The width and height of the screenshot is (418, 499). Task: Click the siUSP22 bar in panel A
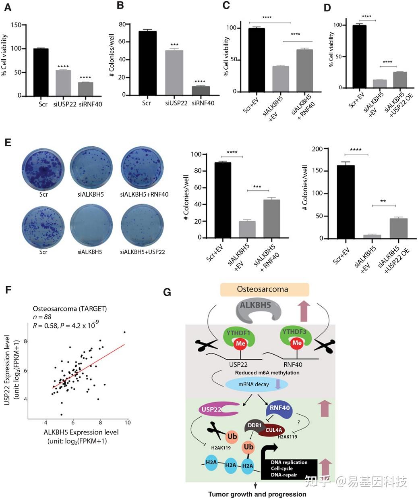coord(63,83)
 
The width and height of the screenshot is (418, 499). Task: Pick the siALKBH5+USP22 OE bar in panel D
coord(400,80)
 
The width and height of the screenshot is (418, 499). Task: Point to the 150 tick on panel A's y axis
coord(17,25)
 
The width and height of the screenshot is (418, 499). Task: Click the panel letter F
coord(7,290)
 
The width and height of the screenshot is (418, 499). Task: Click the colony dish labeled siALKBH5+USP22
coord(144,225)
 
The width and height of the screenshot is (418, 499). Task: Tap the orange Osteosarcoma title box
coord(264,289)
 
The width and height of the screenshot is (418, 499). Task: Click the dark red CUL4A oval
coord(274,430)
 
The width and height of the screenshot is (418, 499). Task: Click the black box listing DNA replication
coord(289,468)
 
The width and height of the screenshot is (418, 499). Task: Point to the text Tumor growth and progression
coord(257,494)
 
